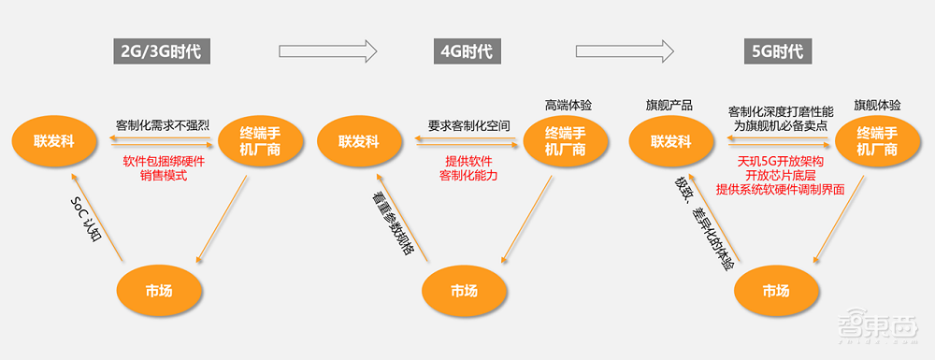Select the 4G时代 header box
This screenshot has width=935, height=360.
pyautogui.click(x=464, y=50)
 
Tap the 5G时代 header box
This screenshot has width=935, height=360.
pyautogui.click(x=775, y=50)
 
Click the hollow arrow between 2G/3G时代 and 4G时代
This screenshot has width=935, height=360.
pyautogui.click(x=327, y=50)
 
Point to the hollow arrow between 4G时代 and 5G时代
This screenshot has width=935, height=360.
pyautogui.click(x=625, y=50)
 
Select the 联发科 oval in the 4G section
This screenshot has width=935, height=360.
pyautogui.click(x=359, y=141)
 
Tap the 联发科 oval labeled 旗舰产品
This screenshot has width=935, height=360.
pyautogui.click(x=670, y=141)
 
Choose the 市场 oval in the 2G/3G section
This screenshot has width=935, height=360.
pyautogui.click(x=158, y=290)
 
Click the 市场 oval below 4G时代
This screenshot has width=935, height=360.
pyautogui.click(x=464, y=290)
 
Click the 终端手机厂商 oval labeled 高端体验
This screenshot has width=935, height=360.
pyautogui.click(x=566, y=141)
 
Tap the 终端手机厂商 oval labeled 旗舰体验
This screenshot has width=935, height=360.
pyautogui.click(x=876, y=141)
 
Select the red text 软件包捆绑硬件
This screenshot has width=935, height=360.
pyautogui.click(x=164, y=160)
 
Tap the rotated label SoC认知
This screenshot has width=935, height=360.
pyautogui.click(x=89, y=220)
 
